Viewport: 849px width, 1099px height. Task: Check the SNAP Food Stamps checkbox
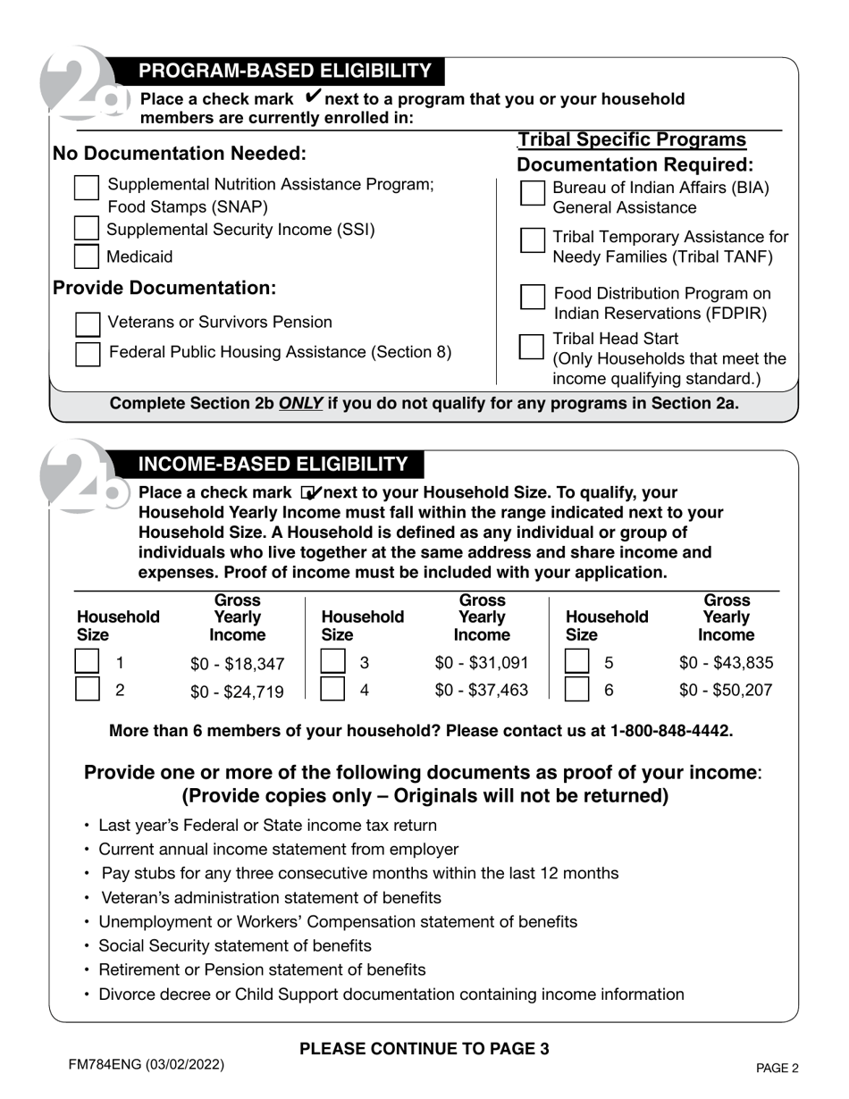tap(87, 188)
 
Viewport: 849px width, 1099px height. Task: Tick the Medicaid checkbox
tap(87, 256)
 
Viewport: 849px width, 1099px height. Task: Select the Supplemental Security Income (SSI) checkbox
tap(87, 229)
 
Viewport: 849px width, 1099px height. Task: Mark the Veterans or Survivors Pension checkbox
tap(88, 323)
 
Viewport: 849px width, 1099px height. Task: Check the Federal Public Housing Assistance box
tap(88, 354)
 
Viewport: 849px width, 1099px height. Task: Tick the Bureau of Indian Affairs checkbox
tap(533, 193)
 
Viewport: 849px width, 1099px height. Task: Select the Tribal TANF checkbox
tap(533, 239)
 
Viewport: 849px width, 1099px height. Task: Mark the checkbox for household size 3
tap(332, 662)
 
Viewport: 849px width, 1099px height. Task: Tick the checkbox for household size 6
tap(577, 689)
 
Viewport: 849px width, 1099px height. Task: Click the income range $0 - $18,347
tap(238, 664)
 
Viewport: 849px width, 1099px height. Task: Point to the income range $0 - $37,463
tap(482, 690)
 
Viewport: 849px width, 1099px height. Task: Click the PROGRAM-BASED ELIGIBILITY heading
tap(285, 71)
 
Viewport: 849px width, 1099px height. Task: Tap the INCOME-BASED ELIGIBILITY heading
tap(273, 465)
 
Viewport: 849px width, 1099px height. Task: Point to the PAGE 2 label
tap(777, 1068)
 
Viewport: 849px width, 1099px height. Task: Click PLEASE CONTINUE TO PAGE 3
tap(424, 1049)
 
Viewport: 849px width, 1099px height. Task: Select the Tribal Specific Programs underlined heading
tap(632, 140)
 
